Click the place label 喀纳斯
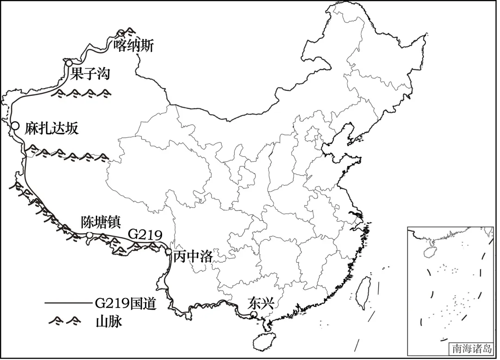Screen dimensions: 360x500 (133, 45)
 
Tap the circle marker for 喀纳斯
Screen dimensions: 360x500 (121, 33)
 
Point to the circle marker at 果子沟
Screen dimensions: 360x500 (69, 63)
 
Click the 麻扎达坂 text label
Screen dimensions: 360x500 (51, 128)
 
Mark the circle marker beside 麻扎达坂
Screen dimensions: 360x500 (15, 125)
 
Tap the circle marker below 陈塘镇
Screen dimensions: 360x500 (90, 236)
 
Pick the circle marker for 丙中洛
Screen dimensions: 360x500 (169, 251)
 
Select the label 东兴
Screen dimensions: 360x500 (261, 303)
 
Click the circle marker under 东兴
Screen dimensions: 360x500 (253, 315)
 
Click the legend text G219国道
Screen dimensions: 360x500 (125, 304)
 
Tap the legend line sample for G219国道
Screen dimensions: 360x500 (69, 304)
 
